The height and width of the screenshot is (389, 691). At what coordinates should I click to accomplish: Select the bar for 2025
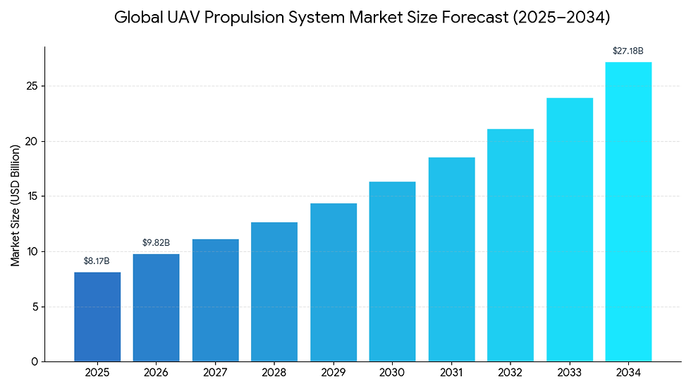click(x=97, y=317)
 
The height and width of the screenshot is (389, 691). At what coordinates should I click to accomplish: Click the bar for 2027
click(x=215, y=300)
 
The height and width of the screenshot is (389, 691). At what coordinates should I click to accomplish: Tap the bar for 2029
click(x=334, y=282)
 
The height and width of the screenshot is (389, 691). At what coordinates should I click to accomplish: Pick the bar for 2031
click(x=451, y=259)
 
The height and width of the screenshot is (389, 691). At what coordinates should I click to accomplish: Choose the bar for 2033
click(x=569, y=229)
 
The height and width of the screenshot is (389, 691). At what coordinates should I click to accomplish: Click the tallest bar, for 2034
click(x=628, y=212)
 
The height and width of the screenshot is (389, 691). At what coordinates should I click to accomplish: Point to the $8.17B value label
click(x=97, y=261)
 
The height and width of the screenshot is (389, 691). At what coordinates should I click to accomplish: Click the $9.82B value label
click(x=156, y=243)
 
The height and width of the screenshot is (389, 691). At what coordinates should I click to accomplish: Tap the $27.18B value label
click(x=628, y=51)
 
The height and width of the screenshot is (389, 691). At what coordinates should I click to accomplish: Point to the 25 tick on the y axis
click(x=31, y=86)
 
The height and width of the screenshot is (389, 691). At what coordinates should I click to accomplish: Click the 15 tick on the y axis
click(x=31, y=196)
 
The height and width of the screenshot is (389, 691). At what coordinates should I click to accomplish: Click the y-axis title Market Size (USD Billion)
click(x=15, y=204)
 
